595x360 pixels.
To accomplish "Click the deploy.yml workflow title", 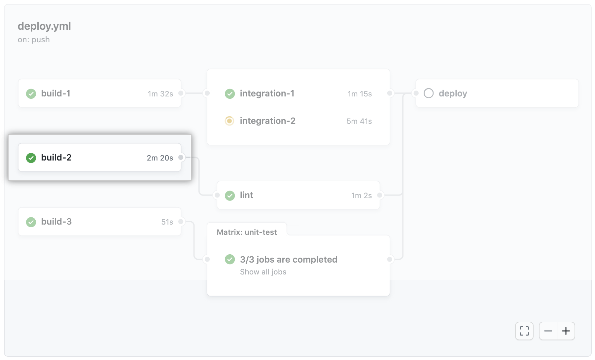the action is click(44, 26).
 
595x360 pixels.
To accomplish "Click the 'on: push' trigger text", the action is click(34, 40).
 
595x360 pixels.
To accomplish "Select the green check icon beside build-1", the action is click(31, 94).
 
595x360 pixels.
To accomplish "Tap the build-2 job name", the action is click(56, 158).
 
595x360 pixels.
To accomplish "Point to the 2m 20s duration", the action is click(160, 158).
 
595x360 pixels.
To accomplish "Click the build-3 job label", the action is click(56, 222).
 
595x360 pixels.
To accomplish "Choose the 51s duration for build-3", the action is click(167, 222).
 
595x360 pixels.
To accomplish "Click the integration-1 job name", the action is click(267, 93).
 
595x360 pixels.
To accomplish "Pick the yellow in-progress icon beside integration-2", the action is click(229, 121).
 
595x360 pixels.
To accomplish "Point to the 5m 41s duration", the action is click(359, 121).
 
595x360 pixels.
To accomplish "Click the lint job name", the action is click(247, 195).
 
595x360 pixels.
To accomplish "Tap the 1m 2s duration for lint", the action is click(362, 196).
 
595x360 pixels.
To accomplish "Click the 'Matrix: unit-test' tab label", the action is click(247, 232).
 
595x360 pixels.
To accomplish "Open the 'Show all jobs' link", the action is click(263, 272).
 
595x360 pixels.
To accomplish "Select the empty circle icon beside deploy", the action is click(429, 93).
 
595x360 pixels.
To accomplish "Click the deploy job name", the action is click(453, 94).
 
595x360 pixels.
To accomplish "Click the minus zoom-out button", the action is click(548, 331).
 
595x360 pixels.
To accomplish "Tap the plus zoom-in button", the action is click(566, 331).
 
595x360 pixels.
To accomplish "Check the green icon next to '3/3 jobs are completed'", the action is click(230, 259).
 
